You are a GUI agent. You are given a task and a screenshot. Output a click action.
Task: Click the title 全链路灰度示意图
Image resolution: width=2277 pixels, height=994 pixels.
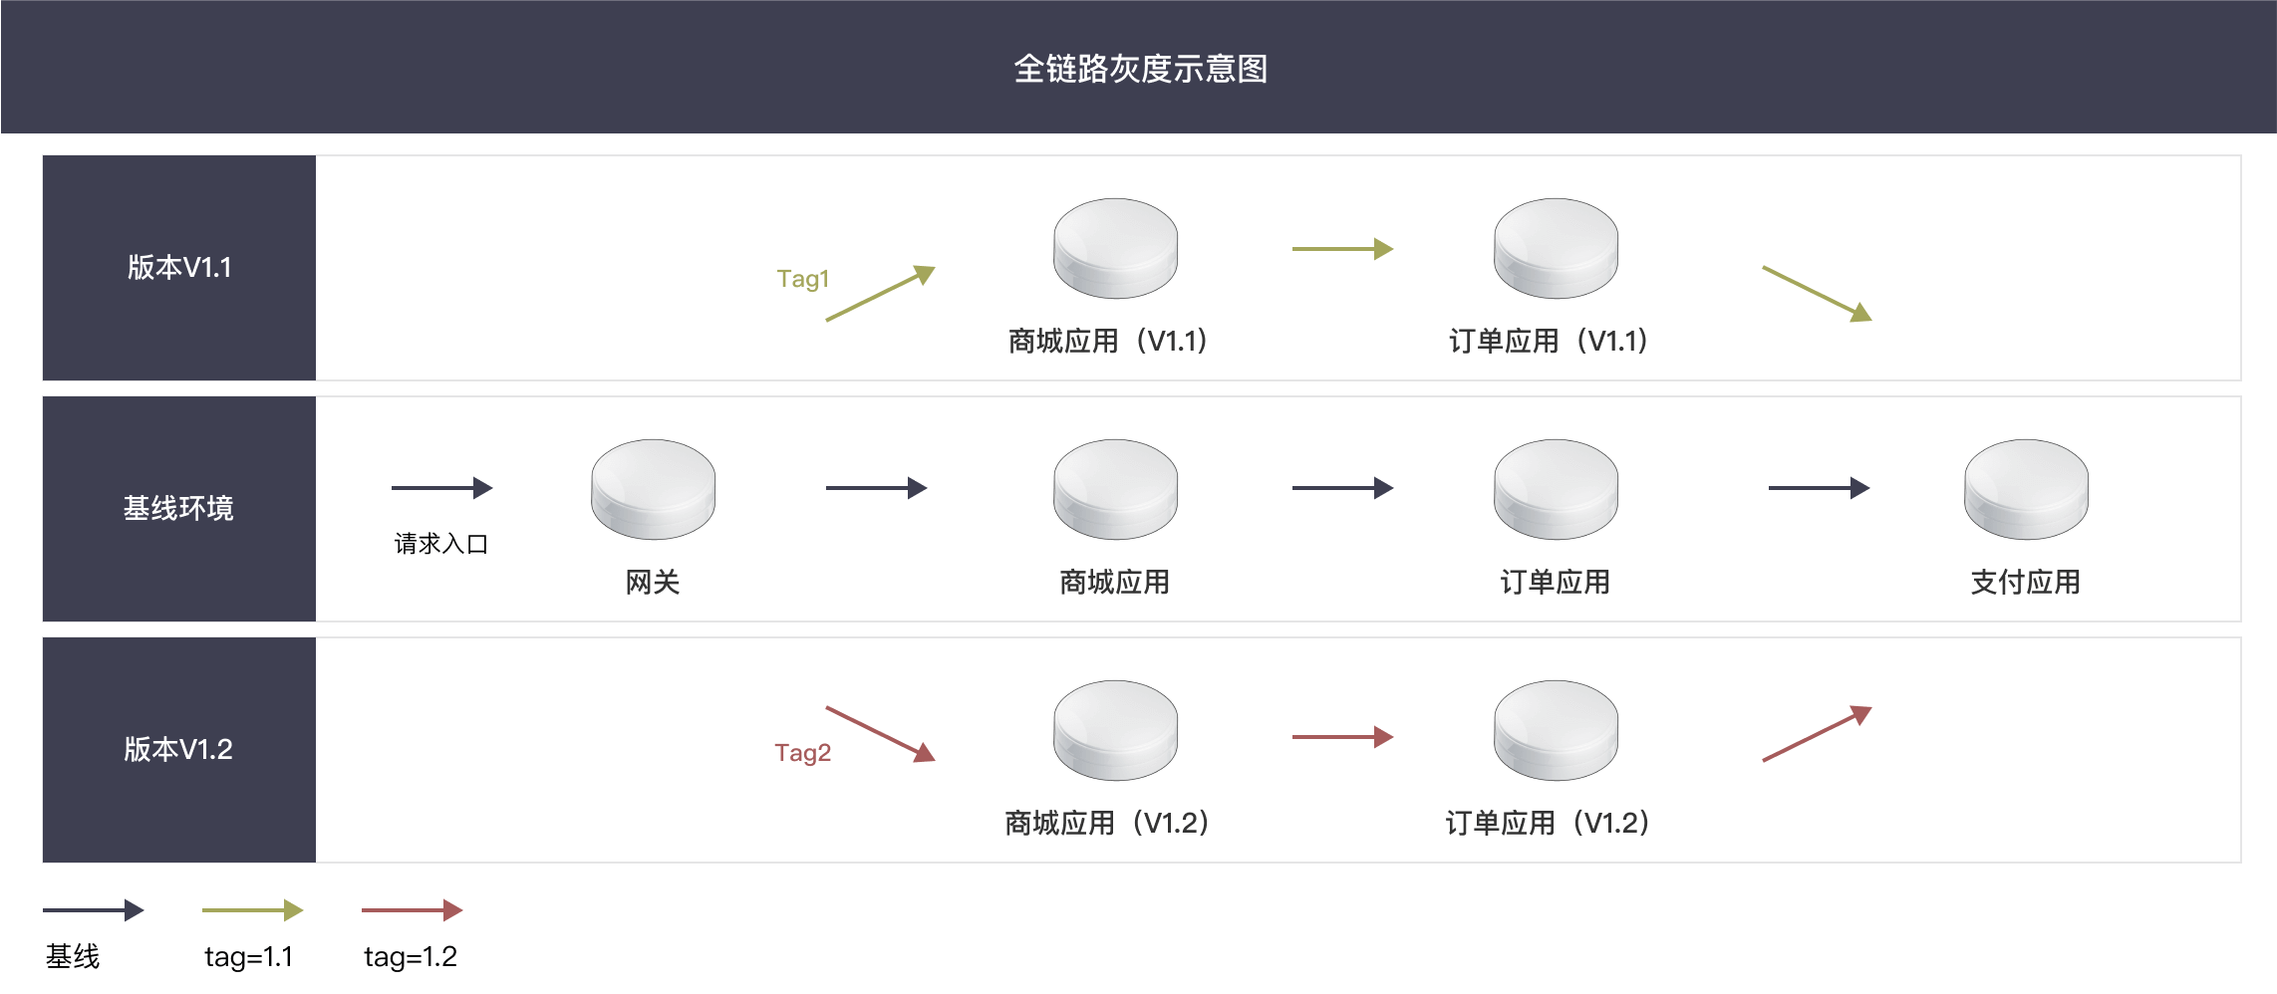[x=1140, y=69]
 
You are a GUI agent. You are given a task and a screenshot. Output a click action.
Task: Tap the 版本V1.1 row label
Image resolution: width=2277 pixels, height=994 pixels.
[x=179, y=267]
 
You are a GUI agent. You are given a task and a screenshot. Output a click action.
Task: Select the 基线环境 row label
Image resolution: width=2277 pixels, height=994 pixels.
[x=178, y=508]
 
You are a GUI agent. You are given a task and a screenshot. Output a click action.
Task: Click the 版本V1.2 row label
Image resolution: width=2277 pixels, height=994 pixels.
[x=178, y=749]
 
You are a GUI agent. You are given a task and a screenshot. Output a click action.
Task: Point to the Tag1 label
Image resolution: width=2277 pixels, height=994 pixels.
[x=802, y=279]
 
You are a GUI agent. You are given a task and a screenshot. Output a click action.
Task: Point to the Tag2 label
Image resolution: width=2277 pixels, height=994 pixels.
[x=802, y=752]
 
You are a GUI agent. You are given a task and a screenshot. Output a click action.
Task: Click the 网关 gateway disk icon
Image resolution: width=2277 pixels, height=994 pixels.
[x=653, y=489]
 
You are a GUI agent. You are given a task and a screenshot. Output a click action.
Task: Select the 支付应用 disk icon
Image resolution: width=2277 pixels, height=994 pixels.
[x=2026, y=489]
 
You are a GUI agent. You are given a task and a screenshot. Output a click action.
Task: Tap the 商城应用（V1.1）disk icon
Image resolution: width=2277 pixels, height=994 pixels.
[x=1115, y=248]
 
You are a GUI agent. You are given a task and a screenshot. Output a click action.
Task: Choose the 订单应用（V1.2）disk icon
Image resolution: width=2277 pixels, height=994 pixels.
[x=1556, y=730]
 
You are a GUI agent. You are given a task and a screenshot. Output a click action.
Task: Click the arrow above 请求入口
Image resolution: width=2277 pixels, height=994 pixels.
[x=442, y=488]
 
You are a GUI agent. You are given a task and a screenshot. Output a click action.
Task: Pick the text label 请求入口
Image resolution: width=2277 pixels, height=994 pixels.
[x=440, y=544]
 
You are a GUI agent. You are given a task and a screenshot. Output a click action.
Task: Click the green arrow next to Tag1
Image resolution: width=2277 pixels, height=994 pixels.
[x=881, y=293]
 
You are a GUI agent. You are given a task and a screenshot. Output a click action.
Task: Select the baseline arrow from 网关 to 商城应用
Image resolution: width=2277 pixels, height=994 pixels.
[x=877, y=488]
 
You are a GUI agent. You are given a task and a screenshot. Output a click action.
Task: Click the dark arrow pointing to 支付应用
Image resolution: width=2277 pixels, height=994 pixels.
[x=1820, y=488]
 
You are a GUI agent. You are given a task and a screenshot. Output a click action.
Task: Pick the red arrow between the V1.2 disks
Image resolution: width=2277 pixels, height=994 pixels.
[x=1343, y=737]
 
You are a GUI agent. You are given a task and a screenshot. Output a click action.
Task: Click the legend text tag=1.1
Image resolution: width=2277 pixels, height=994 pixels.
[x=249, y=957]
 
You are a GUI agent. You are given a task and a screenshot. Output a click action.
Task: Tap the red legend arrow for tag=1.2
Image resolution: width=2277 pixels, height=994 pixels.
[x=413, y=909]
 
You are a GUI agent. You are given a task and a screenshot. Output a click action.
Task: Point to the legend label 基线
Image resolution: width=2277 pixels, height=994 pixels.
[x=73, y=957]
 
